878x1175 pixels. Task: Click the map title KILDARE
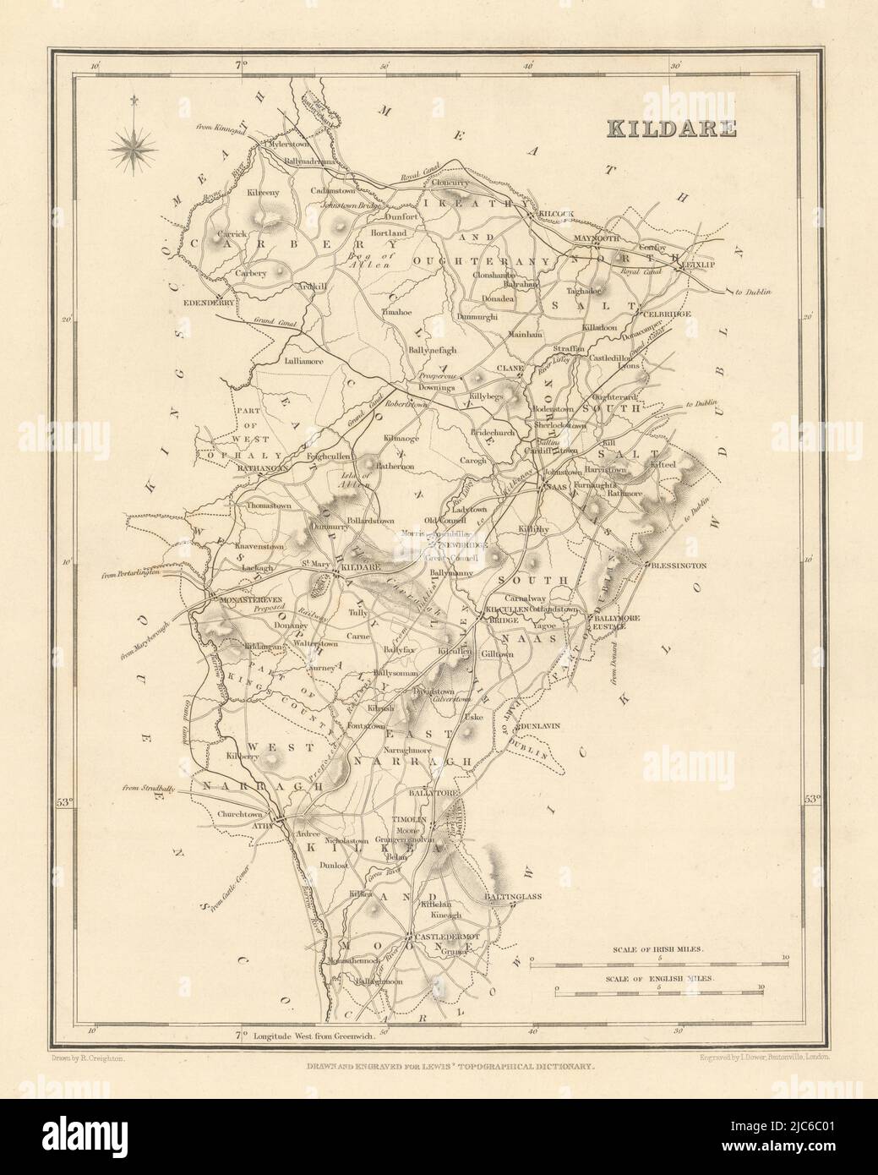coord(670,129)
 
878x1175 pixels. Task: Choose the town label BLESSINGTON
coord(676,565)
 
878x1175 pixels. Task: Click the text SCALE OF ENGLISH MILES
coord(659,976)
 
